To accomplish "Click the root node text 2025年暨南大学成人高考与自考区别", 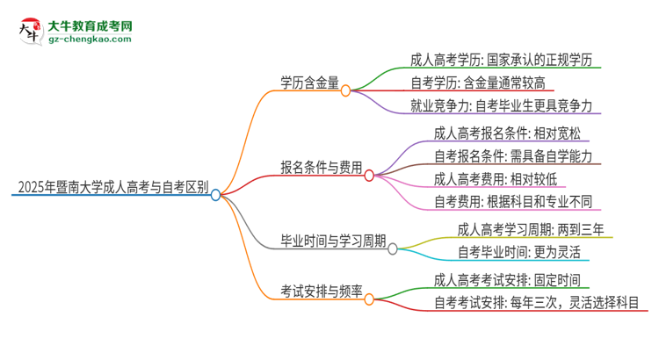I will pos(109,186).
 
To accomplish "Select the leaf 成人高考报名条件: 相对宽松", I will pos(506,133).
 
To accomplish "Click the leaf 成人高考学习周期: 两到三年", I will pos(530,230).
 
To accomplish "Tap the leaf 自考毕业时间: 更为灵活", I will pos(518,253).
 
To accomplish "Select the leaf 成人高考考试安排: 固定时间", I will pos(506,281).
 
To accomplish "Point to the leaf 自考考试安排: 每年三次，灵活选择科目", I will pos(537,304).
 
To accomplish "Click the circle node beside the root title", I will pos(216,195).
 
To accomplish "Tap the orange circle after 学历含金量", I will pos(345,90).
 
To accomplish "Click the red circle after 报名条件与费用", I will pos(369,175).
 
